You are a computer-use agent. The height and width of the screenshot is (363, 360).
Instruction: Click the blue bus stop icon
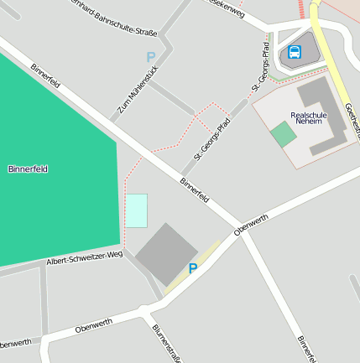click(x=295, y=52)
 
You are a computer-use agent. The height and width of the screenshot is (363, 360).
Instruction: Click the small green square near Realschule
click(x=284, y=134)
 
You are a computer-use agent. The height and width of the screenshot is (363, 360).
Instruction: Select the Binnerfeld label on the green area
click(x=28, y=169)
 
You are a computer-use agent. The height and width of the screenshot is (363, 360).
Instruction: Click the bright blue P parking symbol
click(x=193, y=268)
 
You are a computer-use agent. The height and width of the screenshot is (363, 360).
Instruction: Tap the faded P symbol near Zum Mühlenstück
click(x=151, y=57)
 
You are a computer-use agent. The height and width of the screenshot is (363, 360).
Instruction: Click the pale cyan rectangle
click(x=137, y=210)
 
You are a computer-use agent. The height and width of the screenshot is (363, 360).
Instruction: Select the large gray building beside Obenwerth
click(x=166, y=253)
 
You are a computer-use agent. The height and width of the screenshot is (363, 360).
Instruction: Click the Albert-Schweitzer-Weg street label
click(x=86, y=257)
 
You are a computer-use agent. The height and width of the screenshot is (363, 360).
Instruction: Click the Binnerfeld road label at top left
click(x=45, y=76)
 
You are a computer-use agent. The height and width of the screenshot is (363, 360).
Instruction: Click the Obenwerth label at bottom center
click(x=93, y=325)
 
